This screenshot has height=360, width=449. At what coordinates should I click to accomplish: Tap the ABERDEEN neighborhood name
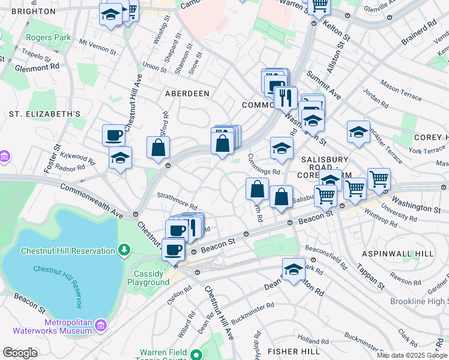coord(187,94)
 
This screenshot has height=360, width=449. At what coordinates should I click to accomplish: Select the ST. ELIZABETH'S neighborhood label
coord(45,113)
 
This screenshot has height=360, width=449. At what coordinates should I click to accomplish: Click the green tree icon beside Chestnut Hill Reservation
coord(124,249)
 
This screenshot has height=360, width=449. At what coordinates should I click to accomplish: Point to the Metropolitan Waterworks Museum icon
coord(101,326)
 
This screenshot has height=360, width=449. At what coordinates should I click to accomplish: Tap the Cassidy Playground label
coord(149,278)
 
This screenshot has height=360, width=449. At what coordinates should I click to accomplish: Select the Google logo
coord(20,353)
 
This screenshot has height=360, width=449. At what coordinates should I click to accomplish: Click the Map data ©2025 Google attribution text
coord(411,355)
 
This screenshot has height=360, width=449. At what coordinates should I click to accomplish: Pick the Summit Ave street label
coord(323,84)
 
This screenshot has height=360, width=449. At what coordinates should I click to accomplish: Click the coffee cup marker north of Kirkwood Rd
coord(113,135)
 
